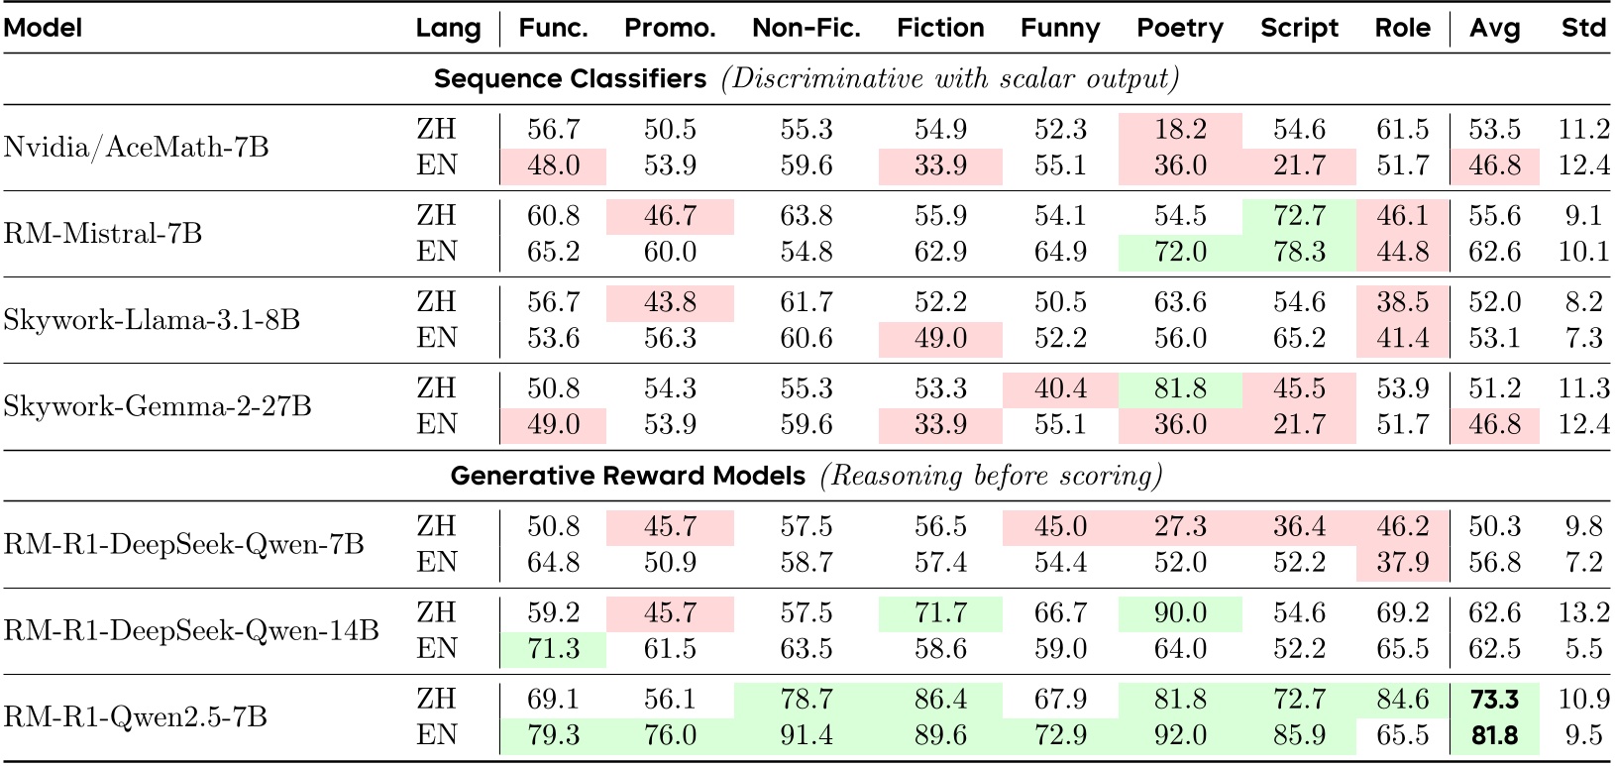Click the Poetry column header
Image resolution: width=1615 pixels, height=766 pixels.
(1179, 28)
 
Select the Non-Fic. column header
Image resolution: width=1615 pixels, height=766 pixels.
(806, 28)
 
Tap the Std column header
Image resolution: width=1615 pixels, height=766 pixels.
(1582, 28)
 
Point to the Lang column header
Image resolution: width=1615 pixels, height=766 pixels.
(448, 28)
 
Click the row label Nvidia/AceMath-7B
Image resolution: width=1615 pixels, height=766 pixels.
(136, 147)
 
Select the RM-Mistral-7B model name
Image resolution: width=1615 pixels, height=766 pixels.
(103, 233)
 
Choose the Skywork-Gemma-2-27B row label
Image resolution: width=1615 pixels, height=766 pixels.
(158, 406)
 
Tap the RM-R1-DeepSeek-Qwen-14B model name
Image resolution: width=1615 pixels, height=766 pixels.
(191, 630)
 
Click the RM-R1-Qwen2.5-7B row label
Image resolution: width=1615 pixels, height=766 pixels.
(136, 716)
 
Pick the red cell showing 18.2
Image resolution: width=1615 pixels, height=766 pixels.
(1179, 129)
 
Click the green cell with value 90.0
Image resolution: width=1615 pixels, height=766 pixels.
(1179, 612)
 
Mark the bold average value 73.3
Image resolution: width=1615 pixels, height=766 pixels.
(1494, 699)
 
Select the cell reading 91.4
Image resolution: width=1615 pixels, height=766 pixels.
(806, 735)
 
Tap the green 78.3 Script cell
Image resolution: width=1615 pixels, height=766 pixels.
(1299, 252)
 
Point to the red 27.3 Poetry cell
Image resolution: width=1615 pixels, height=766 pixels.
(1179, 526)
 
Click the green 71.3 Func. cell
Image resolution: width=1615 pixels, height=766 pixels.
(553, 649)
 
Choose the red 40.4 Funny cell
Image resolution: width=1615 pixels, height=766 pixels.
(1060, 388)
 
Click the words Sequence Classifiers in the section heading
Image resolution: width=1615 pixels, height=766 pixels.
(571, 79)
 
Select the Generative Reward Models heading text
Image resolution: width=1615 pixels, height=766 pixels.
(628, 477)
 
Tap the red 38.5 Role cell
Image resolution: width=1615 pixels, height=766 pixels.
(1402, 302)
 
